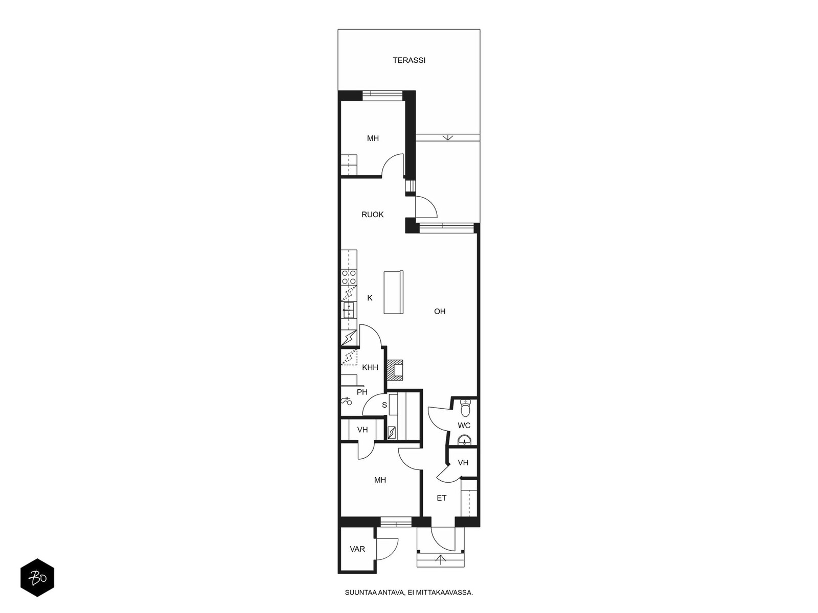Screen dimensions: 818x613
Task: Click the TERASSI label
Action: (409, 60)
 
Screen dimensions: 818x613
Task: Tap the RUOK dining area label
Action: (372, 215)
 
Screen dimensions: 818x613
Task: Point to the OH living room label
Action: (440, 311)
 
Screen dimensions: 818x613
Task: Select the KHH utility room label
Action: (370, 367)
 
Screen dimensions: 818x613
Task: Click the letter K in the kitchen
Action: (370, 298)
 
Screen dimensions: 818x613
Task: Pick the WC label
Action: (464, 425)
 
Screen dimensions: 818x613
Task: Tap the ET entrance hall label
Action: (442, 498)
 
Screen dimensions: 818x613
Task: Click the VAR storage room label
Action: (357, 549)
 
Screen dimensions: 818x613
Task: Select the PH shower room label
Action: (362, 392)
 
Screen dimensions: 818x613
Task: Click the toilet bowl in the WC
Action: (465, 408)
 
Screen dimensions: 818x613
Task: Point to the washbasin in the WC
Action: (464, 440)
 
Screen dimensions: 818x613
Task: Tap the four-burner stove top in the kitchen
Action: (349, 278)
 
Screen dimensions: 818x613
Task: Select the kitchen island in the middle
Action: (394, 292)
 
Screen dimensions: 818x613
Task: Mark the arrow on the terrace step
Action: (448, 137)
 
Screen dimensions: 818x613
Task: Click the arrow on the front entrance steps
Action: (441, 559)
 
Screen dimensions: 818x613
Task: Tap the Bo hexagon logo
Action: (37, 578)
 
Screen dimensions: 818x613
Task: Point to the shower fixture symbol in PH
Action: (347, 401)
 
